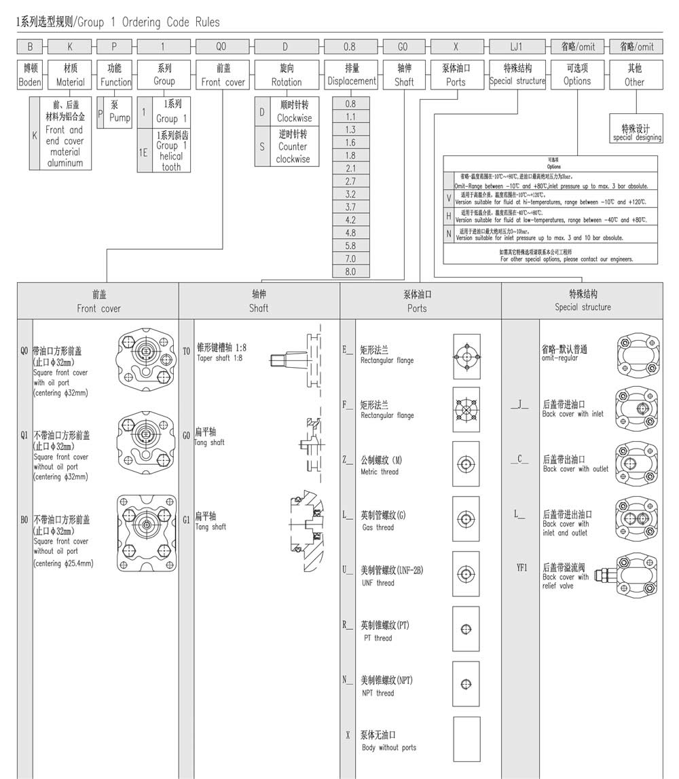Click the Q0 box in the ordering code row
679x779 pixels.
pos(221,47)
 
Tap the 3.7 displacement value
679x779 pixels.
pos(350,207)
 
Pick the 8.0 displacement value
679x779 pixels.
pos(350,271)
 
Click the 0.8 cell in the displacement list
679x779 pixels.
pos(350,104)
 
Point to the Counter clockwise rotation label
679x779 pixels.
pos(293,147)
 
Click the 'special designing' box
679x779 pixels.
pos(636,132)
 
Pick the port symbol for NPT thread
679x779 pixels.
pos(466,684)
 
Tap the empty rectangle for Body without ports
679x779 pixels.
pos(466,739)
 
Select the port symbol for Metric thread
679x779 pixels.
pos(466,464)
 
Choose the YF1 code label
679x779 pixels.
pos(521,567)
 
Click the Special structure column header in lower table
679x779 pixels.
pos(582,301)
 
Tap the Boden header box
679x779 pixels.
pos(29,75)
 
